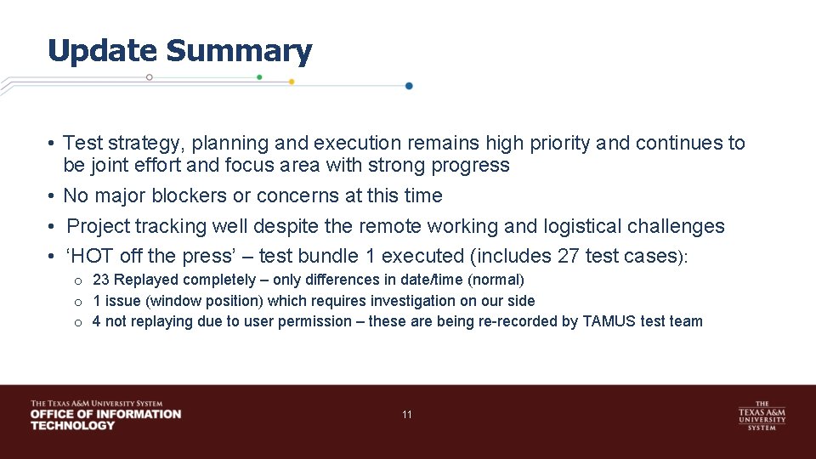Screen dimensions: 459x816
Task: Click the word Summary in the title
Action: coord(239,51)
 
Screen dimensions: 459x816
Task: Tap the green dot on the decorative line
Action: coord(259,77)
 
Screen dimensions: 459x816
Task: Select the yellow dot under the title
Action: coord(292,82)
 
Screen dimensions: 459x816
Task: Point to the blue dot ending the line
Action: coord(409,86)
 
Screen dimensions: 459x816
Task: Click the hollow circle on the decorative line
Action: coord(150,77)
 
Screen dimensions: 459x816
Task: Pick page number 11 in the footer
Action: coord(407,415)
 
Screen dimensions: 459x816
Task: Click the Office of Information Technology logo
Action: coord(105,415)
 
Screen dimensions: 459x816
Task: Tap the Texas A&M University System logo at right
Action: coord(762,416)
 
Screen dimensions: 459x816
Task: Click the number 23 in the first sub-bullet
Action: coord(100,280)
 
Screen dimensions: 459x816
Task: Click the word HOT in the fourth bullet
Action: coord(93,256)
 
